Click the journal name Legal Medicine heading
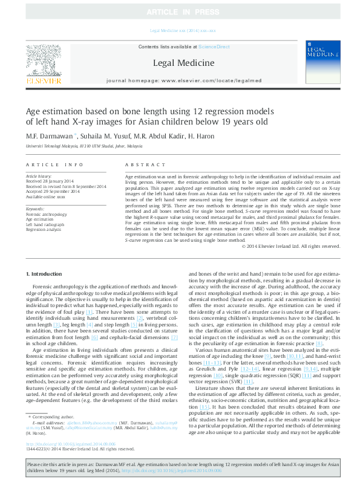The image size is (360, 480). click(183, 63)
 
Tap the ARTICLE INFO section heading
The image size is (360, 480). click(55, 165)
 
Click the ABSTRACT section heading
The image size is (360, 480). click(141, 165)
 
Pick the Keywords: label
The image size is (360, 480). click(36, 209)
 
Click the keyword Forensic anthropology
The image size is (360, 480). click(47, 215)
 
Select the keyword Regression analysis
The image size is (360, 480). click(44, 230)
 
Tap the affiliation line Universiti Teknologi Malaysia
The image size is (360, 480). click(84, 146)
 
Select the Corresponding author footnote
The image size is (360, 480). click(53, 400)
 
